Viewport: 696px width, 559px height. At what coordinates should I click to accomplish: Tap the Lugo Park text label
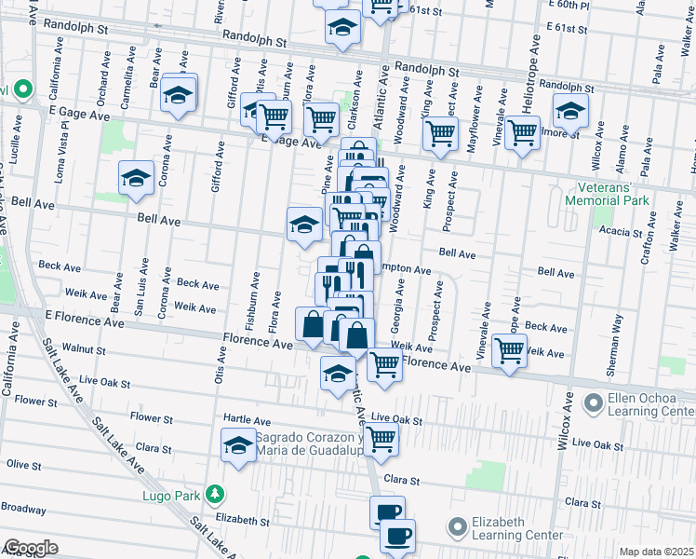[x=167, y=496]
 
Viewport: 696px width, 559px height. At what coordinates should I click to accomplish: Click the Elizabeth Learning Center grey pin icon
[x=456, y=528]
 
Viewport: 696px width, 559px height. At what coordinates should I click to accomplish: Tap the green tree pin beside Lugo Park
[x=215, y=492]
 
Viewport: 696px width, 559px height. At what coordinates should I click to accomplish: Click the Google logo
[x=31, y=547]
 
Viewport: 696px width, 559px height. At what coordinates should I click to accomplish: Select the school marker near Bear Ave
[x=179, y=94]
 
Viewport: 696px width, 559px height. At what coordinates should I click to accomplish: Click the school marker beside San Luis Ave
[x=136, y=179]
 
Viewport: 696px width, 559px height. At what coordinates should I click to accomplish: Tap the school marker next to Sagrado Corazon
[x=238, y=446]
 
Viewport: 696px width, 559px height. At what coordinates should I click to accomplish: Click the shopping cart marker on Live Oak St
[x=381, y=439]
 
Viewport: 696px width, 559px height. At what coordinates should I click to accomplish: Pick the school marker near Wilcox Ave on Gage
[x=570, y=112]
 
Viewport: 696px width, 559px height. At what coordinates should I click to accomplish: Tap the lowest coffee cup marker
[x=397, y=536]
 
